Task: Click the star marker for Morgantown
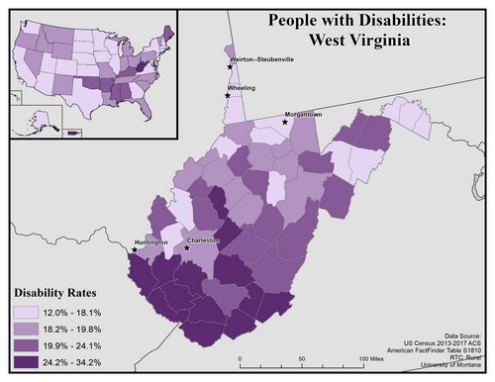coord(284,123)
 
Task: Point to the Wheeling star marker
coord(228,96)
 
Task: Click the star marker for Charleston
coord(187,247)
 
